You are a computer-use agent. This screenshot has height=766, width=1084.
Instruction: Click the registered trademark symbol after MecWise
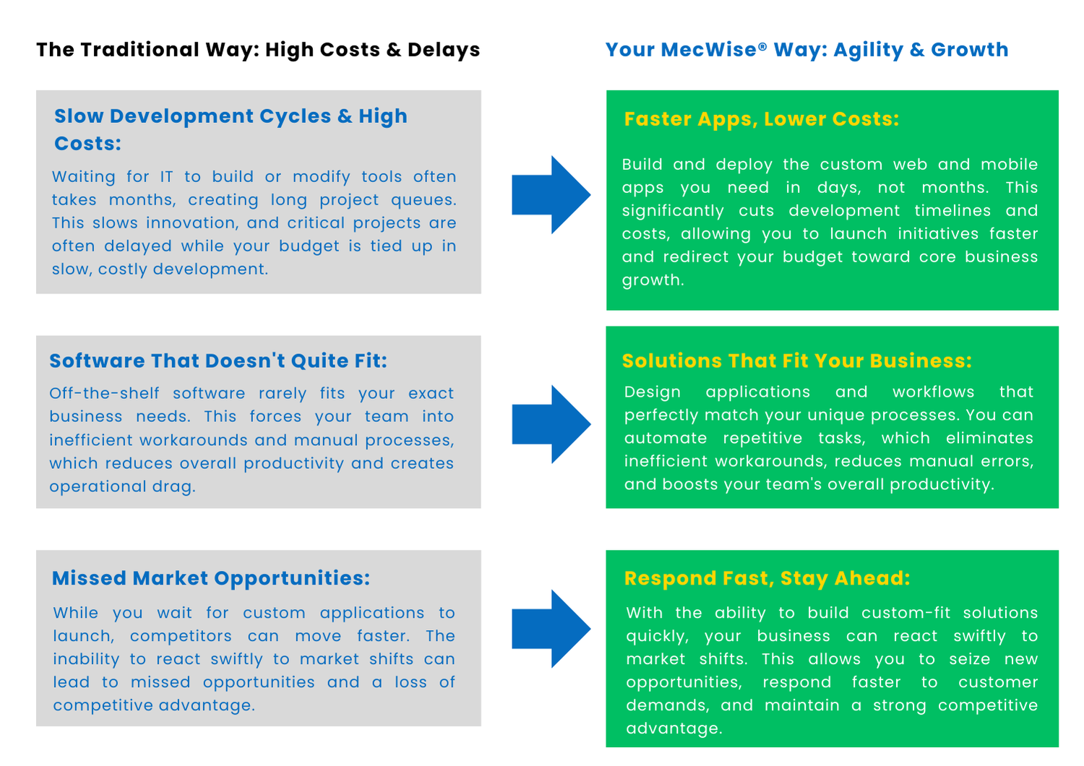762,46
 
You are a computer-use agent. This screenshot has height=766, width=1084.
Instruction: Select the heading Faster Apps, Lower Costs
761,119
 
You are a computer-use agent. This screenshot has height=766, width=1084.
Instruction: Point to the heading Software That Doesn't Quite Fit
218,361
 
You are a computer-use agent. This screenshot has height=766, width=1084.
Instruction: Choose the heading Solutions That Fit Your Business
797,361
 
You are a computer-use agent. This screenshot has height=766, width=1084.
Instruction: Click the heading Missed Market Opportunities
211,579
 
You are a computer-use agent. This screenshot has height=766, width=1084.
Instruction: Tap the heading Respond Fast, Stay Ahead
767,579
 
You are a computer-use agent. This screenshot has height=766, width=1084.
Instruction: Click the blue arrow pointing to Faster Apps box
551,195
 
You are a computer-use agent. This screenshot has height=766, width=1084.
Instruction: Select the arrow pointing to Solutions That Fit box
551,424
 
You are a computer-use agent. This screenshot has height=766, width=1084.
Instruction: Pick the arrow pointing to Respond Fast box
551,629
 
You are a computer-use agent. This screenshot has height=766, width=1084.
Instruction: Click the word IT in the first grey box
166,177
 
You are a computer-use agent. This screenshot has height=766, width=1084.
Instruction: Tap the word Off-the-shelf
104,393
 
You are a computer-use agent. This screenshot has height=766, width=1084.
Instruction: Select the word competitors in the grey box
181,637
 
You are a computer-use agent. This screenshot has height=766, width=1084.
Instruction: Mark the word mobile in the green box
1010,165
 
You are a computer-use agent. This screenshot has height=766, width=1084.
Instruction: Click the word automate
666,439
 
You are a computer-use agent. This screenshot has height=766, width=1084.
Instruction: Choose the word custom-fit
906,613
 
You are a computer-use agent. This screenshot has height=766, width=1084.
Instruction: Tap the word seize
969,659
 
